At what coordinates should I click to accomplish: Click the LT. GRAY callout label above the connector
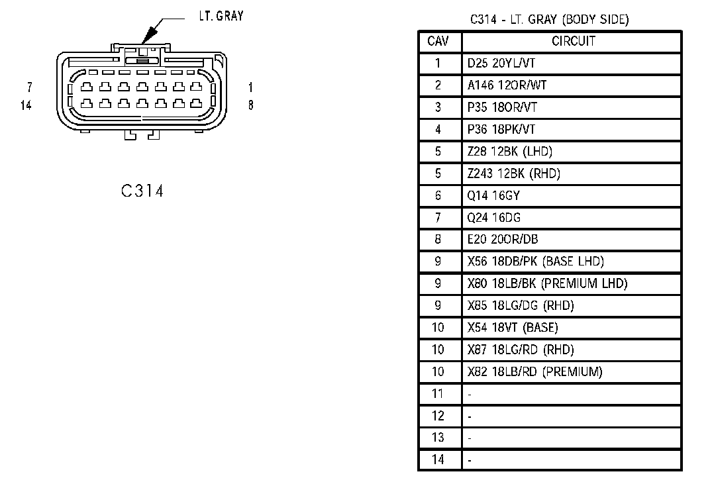click(221, 16)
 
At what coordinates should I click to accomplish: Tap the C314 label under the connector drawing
click(142, 191)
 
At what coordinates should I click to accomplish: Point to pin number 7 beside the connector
click(29, 87)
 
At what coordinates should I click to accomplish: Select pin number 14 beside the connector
click(26, 105)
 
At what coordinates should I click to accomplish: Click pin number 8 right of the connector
click(250, 105)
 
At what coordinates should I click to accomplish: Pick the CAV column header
click(438, 41)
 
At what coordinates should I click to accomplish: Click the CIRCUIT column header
click(573, 41)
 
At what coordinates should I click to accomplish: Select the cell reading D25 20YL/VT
click(501, 64)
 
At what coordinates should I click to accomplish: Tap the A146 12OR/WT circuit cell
click(507, 85)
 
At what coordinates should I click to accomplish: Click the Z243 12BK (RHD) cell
click(513, 173)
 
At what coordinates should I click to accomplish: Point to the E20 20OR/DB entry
click(502, 239)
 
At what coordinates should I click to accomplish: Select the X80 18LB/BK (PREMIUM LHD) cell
click(547, 283)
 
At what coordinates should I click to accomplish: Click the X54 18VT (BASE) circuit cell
click(513, 327)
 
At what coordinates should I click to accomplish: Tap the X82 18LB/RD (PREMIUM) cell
click(534, 371)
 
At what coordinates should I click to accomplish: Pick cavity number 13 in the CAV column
click(438, 437)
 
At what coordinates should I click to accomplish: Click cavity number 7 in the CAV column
click(438, 217)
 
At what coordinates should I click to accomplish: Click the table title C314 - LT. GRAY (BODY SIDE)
click(549, 20)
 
